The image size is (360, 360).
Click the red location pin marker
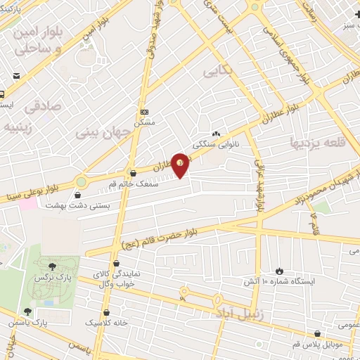[x=181, y=165]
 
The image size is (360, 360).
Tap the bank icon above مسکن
[x=145, y=112]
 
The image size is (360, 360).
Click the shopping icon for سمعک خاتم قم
[x=133, y=172]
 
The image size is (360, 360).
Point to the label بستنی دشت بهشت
[x=70, y=205]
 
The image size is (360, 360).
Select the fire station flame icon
[x=279, y=271]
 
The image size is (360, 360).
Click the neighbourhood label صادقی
[x=42, y=106]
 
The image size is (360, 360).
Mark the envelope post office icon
[x=15, y=75]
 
